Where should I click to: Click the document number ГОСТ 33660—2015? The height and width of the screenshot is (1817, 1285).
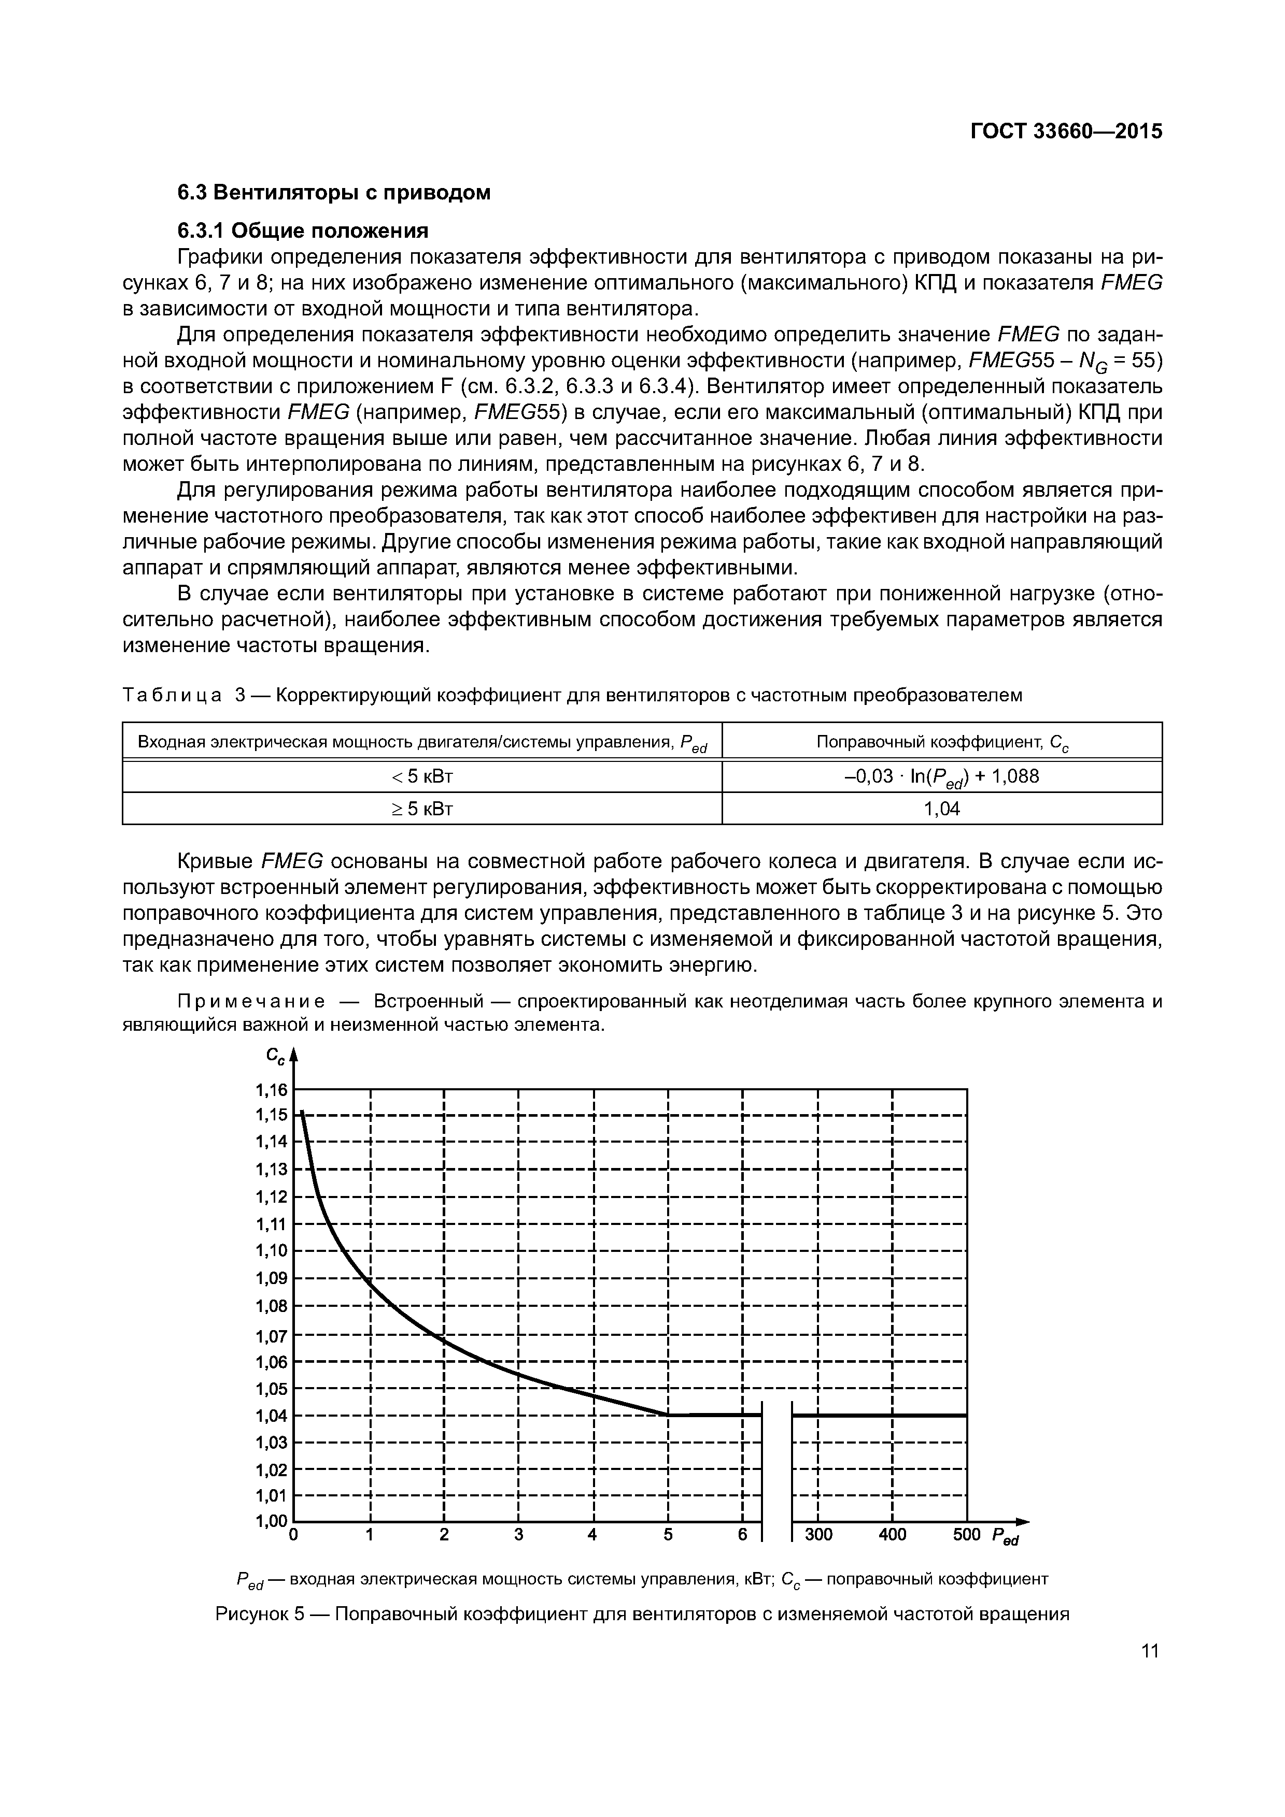point(1066,132)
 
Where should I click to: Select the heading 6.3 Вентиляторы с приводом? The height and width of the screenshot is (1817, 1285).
point(333,192)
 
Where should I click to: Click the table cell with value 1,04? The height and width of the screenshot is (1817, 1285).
point(942,808)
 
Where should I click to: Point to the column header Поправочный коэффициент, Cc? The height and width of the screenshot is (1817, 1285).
point(942,742)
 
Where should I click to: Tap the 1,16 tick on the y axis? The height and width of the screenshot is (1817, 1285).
point(272,1090)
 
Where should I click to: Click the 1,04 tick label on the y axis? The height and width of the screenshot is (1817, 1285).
point(272,1416)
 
